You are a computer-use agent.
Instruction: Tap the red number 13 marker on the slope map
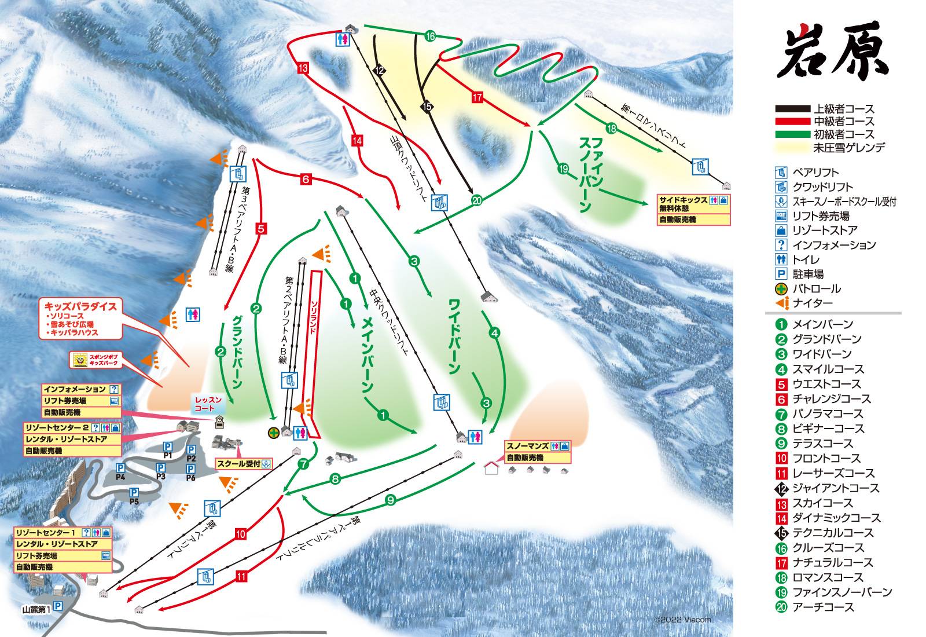[303, 68]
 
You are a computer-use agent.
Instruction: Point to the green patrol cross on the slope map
[273, 432]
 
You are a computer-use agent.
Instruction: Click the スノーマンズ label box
[527, 446]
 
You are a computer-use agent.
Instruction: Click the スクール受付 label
[238, 463]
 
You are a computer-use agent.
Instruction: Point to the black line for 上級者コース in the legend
[792, 109]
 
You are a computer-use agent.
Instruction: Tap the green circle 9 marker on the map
[390, 499]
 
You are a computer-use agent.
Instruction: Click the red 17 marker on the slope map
[477, 97]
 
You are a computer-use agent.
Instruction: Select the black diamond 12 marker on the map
[380, 70]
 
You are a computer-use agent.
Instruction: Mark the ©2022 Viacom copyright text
[683, 619]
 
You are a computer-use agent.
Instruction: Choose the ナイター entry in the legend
[813, 303]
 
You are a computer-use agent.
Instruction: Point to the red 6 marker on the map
[306, 179]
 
